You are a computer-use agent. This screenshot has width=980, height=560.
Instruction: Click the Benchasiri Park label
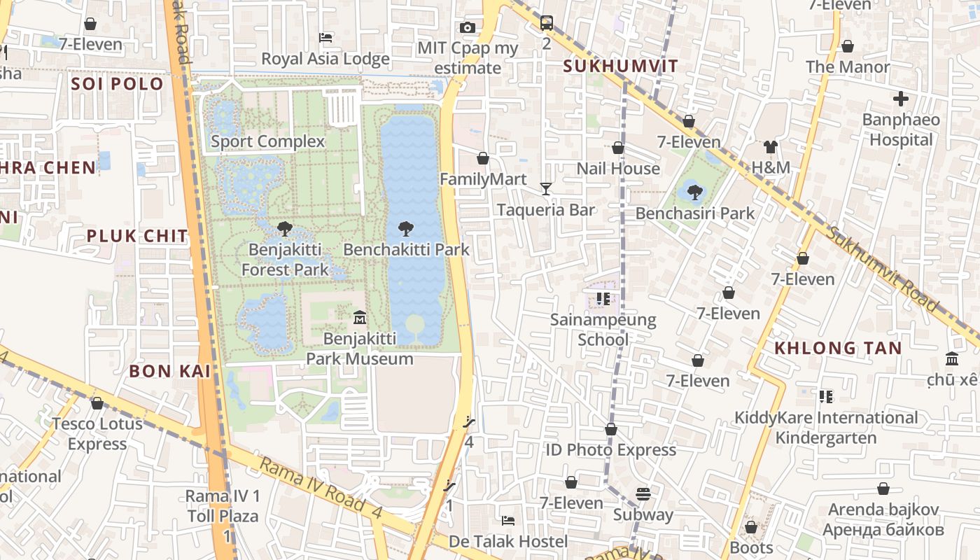(x=694, y=213)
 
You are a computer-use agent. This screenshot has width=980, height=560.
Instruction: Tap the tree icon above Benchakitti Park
(x=405, y=228)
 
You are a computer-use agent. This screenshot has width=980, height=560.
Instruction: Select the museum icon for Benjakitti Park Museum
(x=360, y=318)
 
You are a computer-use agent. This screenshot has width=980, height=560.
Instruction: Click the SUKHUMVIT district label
(x=621, y=66)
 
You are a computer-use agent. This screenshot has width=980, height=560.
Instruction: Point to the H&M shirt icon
(x=771, y=147)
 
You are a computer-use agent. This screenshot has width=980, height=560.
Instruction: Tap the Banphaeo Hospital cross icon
(x=900, y=99)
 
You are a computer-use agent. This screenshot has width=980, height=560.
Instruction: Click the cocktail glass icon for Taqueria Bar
(x=546, y=189)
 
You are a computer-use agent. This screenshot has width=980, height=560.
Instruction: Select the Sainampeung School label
(x=603, y=330)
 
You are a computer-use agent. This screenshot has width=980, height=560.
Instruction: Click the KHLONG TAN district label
(x=838, y=348)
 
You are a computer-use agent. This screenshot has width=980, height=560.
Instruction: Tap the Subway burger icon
(x=643, y=494)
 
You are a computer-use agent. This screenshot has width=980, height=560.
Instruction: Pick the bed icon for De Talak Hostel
(x=508, y=521)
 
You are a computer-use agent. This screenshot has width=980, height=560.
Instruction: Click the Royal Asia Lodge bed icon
(x=325, y=38)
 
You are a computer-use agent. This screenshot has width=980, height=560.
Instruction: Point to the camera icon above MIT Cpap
(x=468, y=28)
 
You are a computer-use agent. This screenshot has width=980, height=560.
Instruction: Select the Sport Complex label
(x=268, y=141)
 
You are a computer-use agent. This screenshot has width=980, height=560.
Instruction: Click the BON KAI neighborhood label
(x=169, y=371)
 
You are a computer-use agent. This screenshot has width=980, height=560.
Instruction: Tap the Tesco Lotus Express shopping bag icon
(x=97, y=403)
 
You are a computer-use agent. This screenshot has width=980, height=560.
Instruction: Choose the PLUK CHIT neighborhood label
(x=137, y=236)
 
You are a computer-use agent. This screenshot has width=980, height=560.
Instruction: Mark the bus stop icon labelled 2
(x=547, y=23)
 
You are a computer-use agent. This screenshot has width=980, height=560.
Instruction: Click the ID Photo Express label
(x=610, y=449)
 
